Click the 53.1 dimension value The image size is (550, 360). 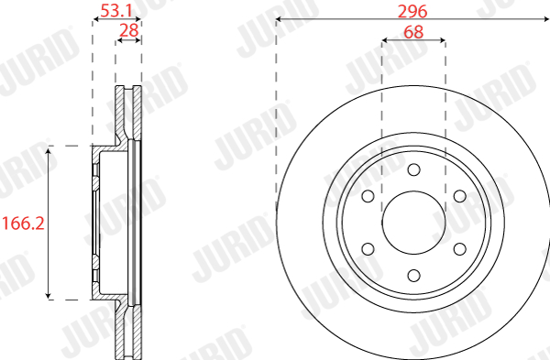click(116, 10)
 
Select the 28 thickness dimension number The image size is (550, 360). click(129, 30)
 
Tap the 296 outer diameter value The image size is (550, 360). click(412, 12)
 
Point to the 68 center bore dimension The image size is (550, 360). click(413, 32)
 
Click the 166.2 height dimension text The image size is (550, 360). click(24, 224)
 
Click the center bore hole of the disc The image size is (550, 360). click(413, 223)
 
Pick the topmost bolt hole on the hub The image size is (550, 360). click(414, 169)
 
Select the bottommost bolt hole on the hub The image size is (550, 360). click(414, 275)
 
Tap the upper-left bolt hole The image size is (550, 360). click(368, 196)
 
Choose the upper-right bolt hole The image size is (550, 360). click(460, 196)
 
